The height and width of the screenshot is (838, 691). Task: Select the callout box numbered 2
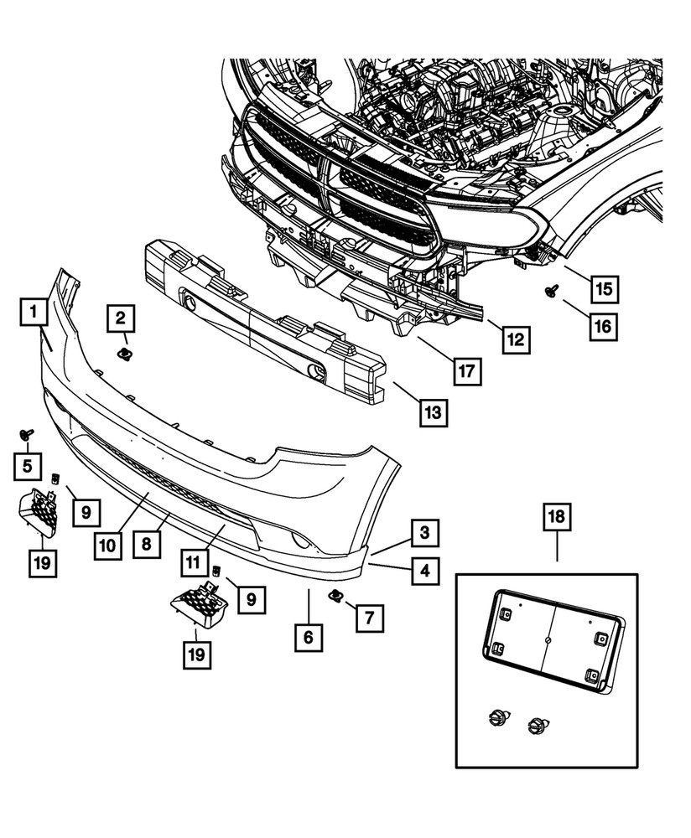click(121, 318)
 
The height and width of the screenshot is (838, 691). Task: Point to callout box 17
click(469, 370)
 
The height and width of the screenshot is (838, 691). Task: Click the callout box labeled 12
click(515, 339)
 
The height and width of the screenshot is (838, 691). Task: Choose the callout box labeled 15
click(603, 290)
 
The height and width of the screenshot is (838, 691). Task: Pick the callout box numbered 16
click(603, 325)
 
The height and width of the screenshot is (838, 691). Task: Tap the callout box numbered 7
click(368, 618)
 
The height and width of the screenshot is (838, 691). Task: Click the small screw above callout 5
click(27, 435)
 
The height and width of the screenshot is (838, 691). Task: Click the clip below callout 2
click(125, 354)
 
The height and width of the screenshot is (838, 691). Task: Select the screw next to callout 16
click(553, 292)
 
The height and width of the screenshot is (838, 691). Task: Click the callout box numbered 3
click(425, 532)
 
